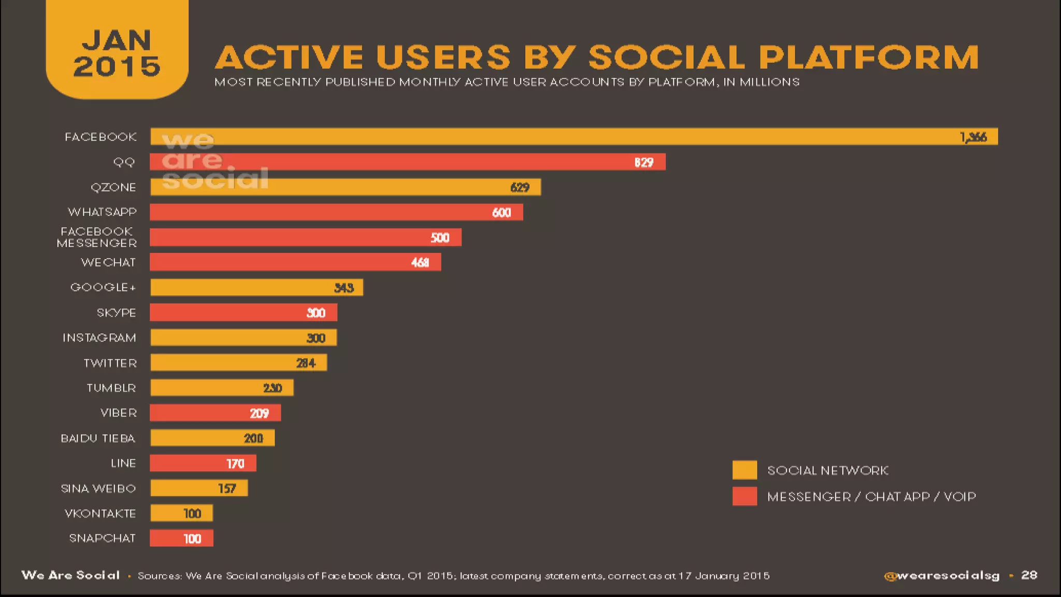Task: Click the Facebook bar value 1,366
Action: (x=973, y=137)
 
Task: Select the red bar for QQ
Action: (x=407, y=162)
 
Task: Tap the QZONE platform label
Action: (x=113, y=188)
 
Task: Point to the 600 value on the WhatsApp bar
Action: (x=501, y=212)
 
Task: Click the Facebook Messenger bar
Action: (x=305, y=237)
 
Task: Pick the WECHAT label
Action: (x=108, y=263)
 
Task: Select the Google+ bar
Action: (x=256, y=288)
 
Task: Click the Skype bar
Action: (x=243, y=312)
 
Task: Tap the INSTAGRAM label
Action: (x=99, y=338)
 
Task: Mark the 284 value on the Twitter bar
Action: (x=306, y=363)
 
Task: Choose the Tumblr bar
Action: (x=222, y=388)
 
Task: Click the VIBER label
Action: (x=119, y=413)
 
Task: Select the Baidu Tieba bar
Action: (x=212, y=438)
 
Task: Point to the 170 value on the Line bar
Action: (x=235, y=464)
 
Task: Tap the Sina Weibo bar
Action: (x=199, y=488)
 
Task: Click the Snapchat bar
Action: (x=181, y=538)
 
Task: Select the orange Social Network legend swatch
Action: (x=744, y=470)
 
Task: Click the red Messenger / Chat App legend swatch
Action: (x=744, y=496)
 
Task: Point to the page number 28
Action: (x=1029, y=575)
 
